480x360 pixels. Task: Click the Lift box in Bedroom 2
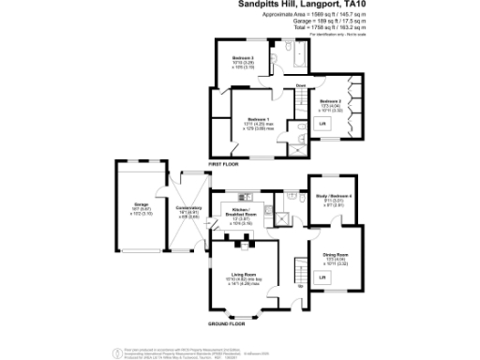(x=322, y=125)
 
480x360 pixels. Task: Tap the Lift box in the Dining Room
(x=322, y=277)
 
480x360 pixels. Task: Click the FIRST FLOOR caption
(x=222, y=163)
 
